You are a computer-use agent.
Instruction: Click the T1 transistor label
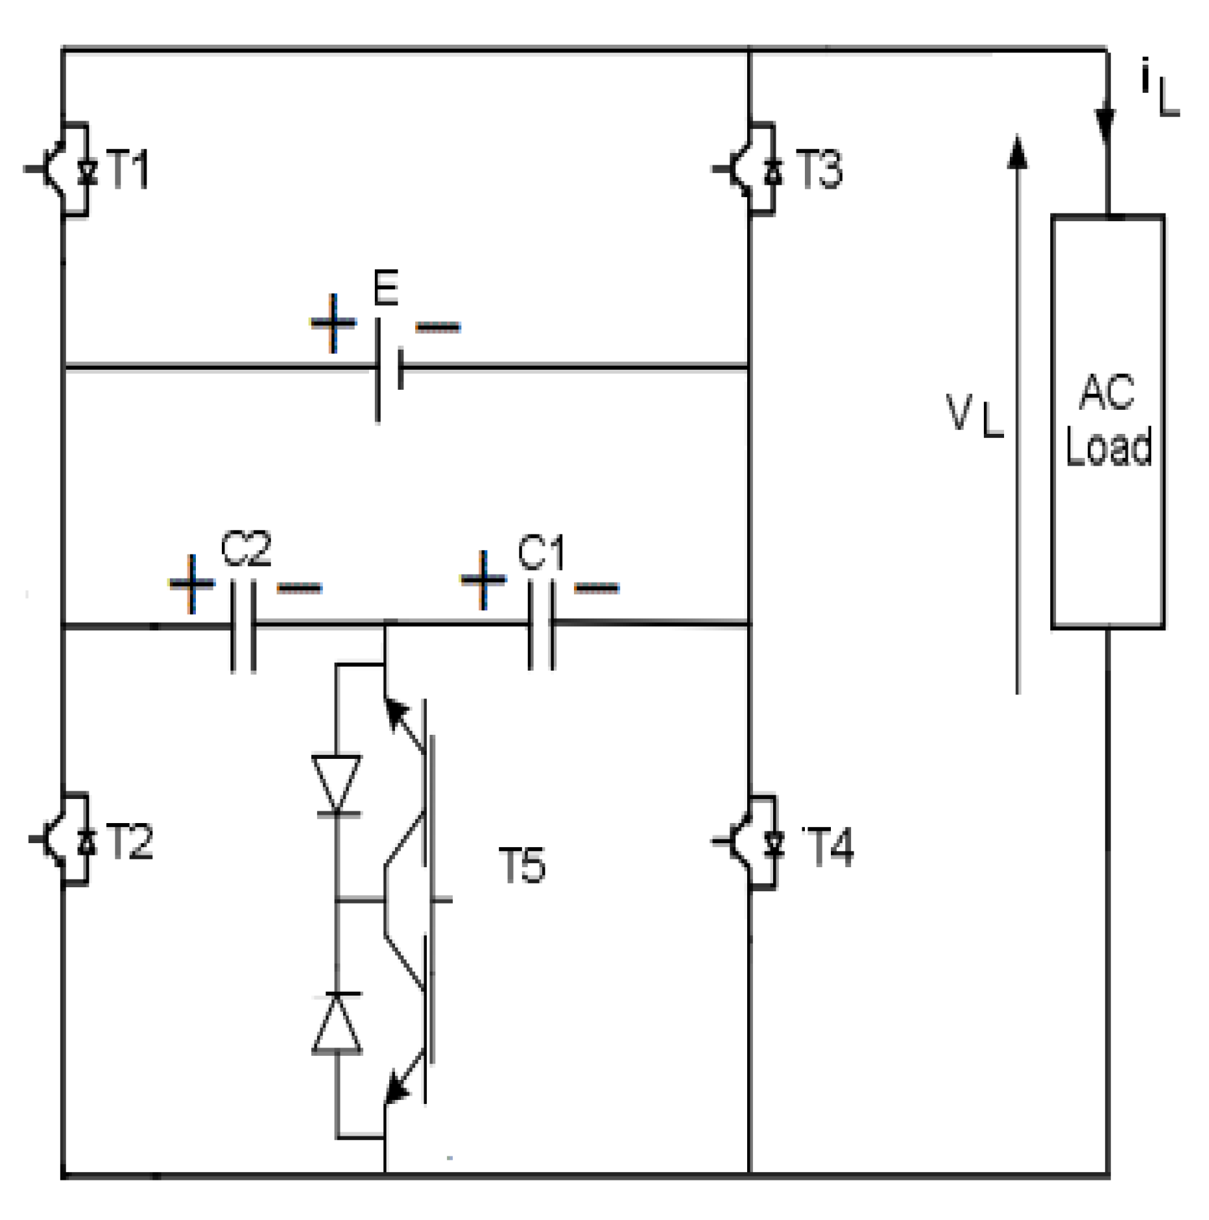click(128, 169)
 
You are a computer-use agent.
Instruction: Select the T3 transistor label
click(819, 169)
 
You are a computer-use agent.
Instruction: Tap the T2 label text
click(129, 842)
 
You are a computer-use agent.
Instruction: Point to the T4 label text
click(828, 846)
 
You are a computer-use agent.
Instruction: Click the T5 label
click(522, 865)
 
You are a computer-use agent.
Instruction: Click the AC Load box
click(1107, 422)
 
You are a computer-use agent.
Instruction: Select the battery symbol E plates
click(389, 369)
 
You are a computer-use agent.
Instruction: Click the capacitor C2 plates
click(243, 626)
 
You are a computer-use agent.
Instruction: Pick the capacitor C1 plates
click(541, 625)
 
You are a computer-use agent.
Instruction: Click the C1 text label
click(541, 553)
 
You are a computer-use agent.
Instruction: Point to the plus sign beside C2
click(191, 584)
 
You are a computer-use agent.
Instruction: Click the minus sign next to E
click(438, 327)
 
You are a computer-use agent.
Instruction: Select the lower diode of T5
click(337, 1025)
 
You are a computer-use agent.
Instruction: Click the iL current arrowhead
click(1105, 126)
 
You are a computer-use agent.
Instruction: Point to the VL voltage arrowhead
click(1017, 152)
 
